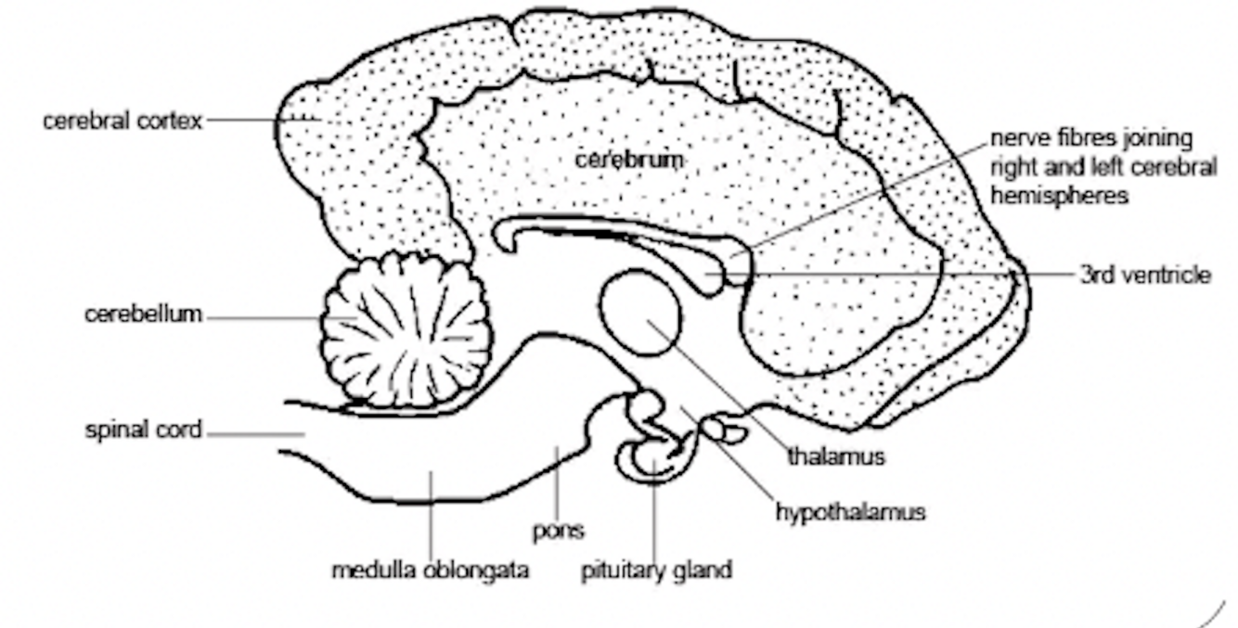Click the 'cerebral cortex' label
pos(123,122)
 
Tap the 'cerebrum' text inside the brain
pos(628,160)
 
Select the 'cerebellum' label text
pos(143,314)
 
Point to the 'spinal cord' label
pos(143,431)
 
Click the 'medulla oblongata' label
pos(431,570)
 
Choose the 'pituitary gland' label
pos(656,570)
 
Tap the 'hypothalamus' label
pos(850,511)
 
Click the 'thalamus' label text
pos(836,456)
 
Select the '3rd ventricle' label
pos(1144,275)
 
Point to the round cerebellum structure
pos(406,329)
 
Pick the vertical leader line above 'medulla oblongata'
pos(431,515)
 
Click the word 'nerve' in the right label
pos(1015,139)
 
